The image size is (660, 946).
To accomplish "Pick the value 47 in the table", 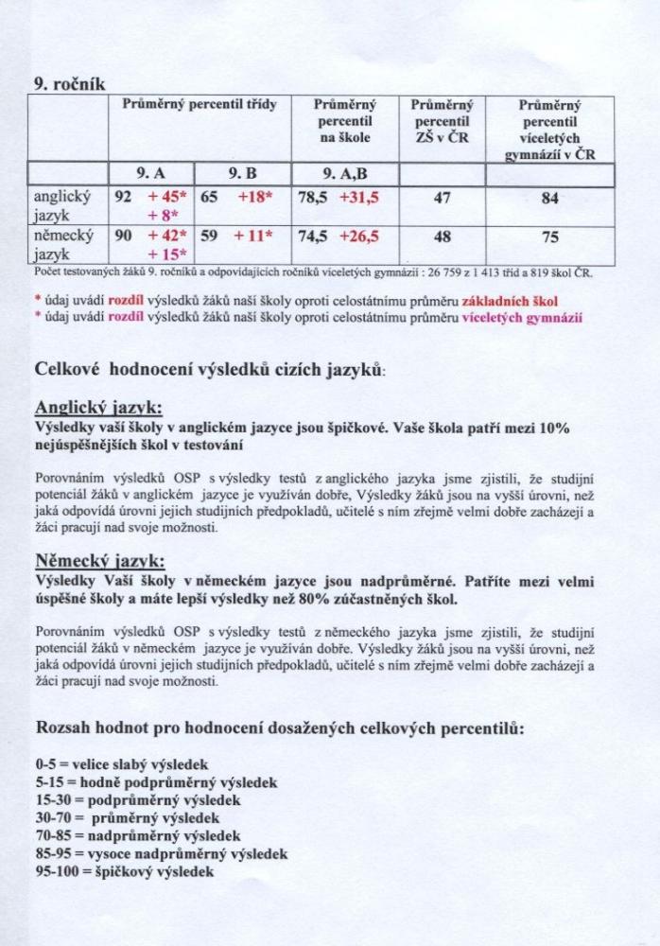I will (442, 199).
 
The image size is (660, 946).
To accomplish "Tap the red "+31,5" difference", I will (358, 199).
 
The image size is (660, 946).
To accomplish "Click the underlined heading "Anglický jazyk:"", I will (98, 408).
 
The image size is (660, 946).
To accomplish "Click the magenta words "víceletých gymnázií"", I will (522, 317).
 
